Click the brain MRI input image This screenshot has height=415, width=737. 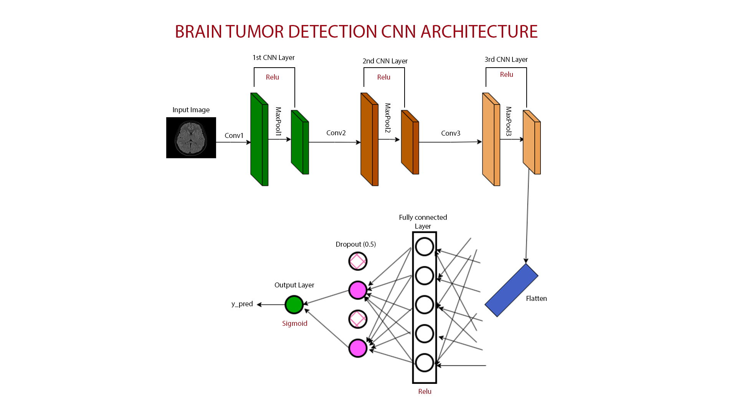point(191,138)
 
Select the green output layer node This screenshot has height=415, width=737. point(294,305)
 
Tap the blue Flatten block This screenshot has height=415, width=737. point(511,290)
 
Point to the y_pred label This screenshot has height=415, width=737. point(242,304)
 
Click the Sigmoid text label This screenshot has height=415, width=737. point(295,324)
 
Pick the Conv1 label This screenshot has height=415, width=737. point(234,136)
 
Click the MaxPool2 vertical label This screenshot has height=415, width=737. point(388,118)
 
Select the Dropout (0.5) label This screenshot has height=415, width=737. point(356,244)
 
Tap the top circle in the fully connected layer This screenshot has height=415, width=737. point(425,247)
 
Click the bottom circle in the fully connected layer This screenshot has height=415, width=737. point(425,363)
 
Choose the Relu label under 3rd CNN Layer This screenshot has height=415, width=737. point(507,75)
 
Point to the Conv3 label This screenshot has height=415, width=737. point(451,133)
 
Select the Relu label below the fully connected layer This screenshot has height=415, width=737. point(425,392)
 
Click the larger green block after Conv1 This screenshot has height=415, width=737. point(259,139)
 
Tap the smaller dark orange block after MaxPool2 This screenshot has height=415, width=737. point(410,142)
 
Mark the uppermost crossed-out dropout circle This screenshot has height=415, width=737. point(358,261)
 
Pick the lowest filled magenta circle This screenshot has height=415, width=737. point(358,348)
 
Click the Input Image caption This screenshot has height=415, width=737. point(191,110)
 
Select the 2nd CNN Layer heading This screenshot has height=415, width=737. point(385,61)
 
